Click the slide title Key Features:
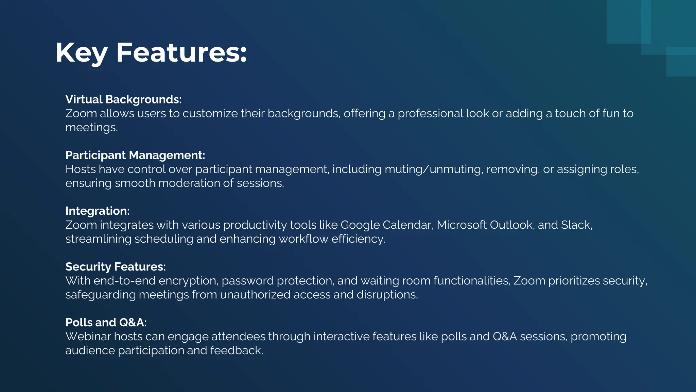tap(151, 53)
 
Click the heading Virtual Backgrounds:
tap(123, 99)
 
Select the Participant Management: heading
tap(135, 155)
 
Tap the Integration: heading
tap(97, 211)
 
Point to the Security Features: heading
tap(116, 267)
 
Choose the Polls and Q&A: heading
tap(106, 323)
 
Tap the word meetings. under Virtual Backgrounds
tap(91, 127)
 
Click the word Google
tap(360, 225)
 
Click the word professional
tap(430, 113)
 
